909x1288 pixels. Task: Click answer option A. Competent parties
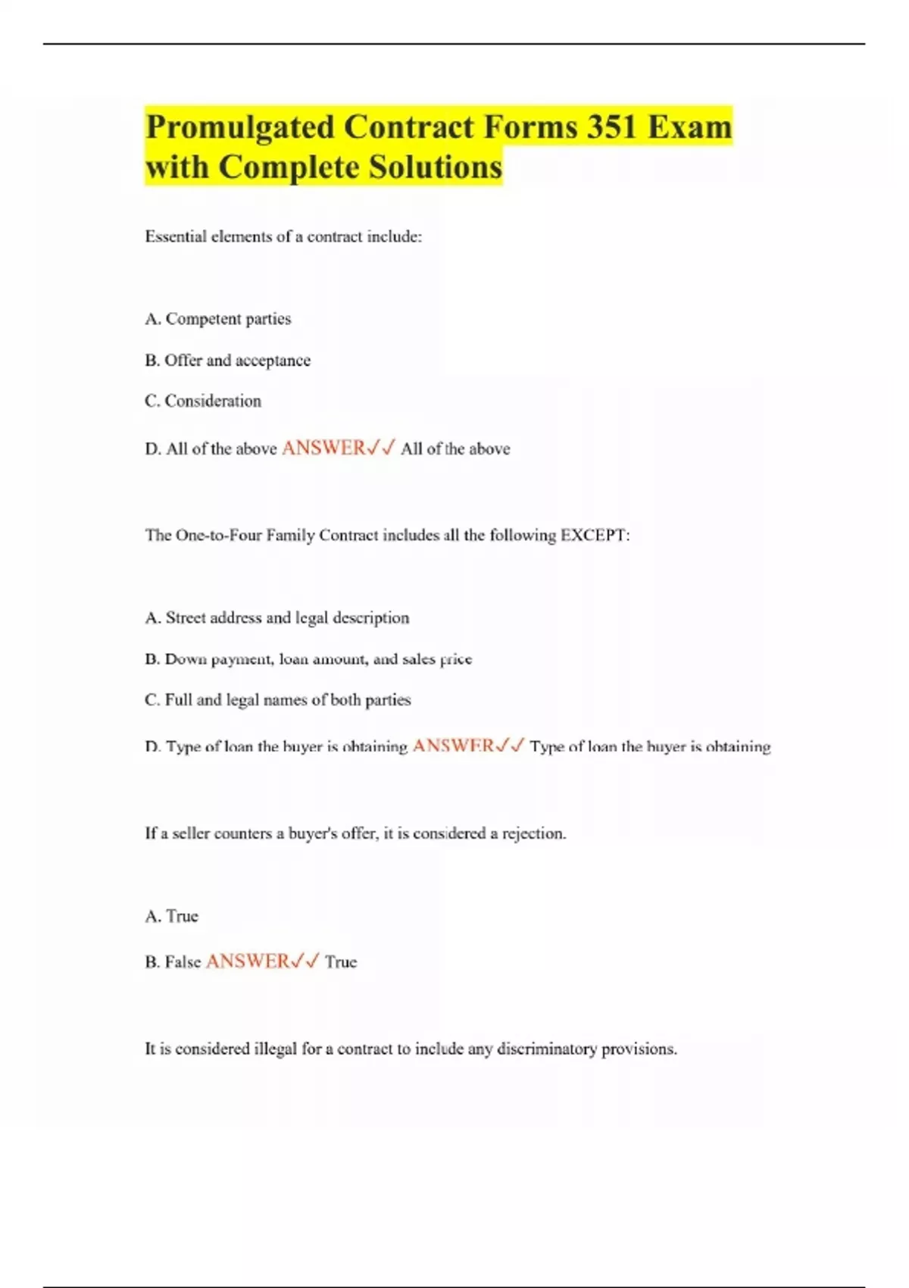pyautogui.click(x=218, y=319)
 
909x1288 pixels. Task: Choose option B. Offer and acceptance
pyautogui.click(x=228, y=361)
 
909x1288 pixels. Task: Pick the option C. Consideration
pyautogui.click(x=203, y=401)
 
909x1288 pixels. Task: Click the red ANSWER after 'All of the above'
pyautogui.click(x=323, y=448)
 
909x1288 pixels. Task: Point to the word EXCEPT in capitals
pyautogui.click(x=594, y=536)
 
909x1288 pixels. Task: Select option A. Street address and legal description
pyautogui.click(x=277, y=617)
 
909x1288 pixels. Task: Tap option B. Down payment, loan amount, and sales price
pyautogui.click(x=308, y=659)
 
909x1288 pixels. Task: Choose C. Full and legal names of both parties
pyautogui.click(x=278, y=700)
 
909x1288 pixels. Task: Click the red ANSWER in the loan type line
pyautogui.click(x=453, y=746)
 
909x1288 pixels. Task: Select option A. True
pyautogui.click(x=172, y=916)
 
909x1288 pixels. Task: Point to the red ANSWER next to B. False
pyautogui.click(x=248, y=961)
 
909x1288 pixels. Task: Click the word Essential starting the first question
pyautogui.click(x=176, y=236)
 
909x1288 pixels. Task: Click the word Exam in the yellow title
pyautogui.click(x=689, y=127)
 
